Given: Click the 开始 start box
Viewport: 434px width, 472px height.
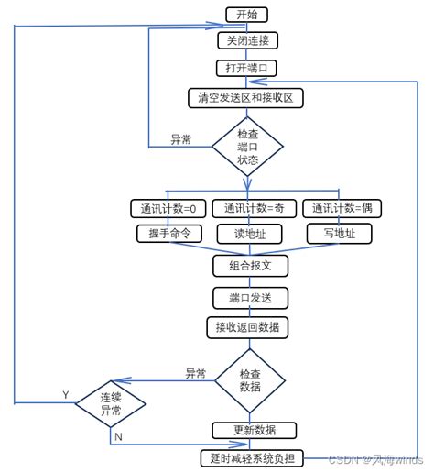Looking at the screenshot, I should pos(246,14).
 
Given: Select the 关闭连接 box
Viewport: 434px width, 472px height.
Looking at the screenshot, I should pos(246,40).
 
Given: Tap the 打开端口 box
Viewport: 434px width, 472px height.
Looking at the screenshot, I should pos(246,68).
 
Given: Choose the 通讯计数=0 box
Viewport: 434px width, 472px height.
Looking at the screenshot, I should pos(168,208).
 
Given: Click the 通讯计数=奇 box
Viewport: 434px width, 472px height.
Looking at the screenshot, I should pos(255,208).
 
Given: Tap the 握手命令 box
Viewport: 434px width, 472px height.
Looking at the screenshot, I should pos(168,233).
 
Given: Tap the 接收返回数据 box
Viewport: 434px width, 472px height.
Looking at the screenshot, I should pos(247,327).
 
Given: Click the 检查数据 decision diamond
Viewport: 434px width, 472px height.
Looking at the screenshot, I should pos(250,379).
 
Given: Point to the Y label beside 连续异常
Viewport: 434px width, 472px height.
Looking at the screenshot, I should pos(65,394).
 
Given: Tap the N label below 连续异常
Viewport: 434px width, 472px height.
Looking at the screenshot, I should pos(118,437).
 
